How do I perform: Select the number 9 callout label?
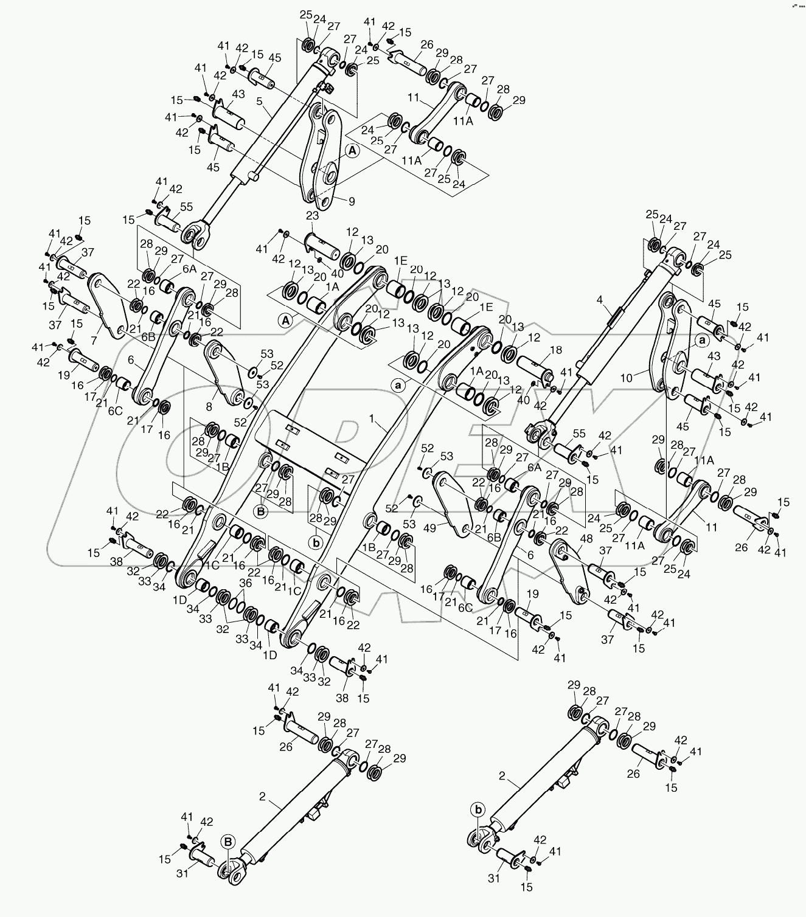pos(352,201)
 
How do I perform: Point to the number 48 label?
pos(586,539)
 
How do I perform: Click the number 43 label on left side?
pos(238,95)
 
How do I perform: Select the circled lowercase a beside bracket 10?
pos(702,341)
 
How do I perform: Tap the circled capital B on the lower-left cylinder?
pos(228,842)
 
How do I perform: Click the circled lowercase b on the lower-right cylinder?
pos(479,809)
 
